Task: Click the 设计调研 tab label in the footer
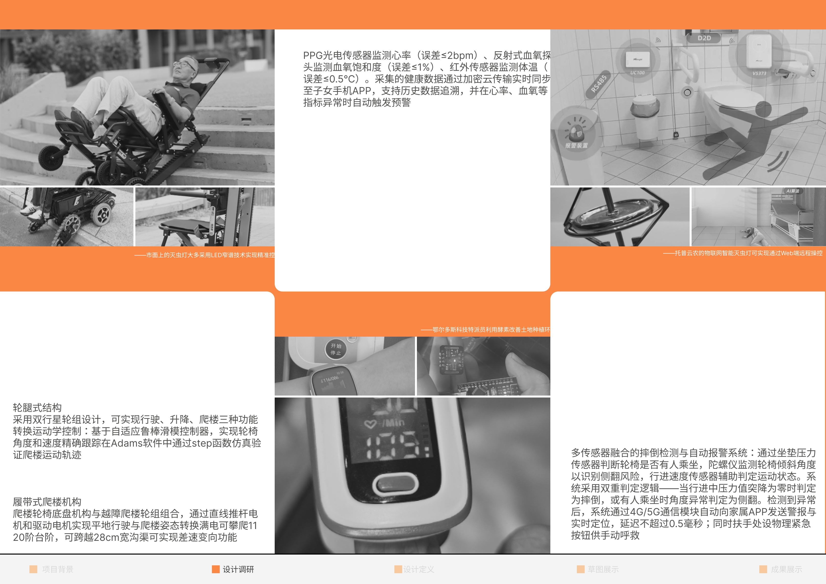pos(238,569)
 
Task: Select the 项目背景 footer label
pos(58,569)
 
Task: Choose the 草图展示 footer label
pos(603,569)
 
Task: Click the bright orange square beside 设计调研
pos(216,569)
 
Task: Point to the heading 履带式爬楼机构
pos(47,502)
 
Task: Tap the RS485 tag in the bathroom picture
pos(599,84)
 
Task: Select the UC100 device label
pos(637,73)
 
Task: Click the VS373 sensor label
pos(759,73)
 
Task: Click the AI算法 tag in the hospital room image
pos(793,191)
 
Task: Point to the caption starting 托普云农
pos(743,253)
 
